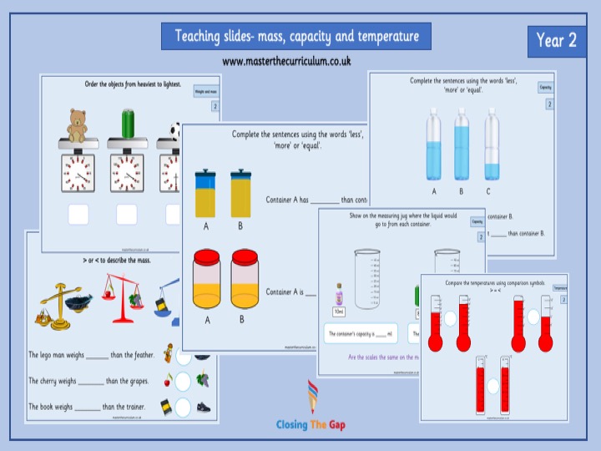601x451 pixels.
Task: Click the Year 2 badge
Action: [x=557, y=40]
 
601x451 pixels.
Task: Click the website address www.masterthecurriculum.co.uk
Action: [x=285, y=61]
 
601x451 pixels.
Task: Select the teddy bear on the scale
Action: [x=78, y=125]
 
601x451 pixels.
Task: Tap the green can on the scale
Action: [x=128, y=124]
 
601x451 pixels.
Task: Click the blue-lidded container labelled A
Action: [x=205, y=193]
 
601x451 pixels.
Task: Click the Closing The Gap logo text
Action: [x=311, y=425]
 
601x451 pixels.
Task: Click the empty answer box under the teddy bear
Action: [x=78, y=215]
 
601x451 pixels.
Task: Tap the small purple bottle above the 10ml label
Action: [x=339, y=295]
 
